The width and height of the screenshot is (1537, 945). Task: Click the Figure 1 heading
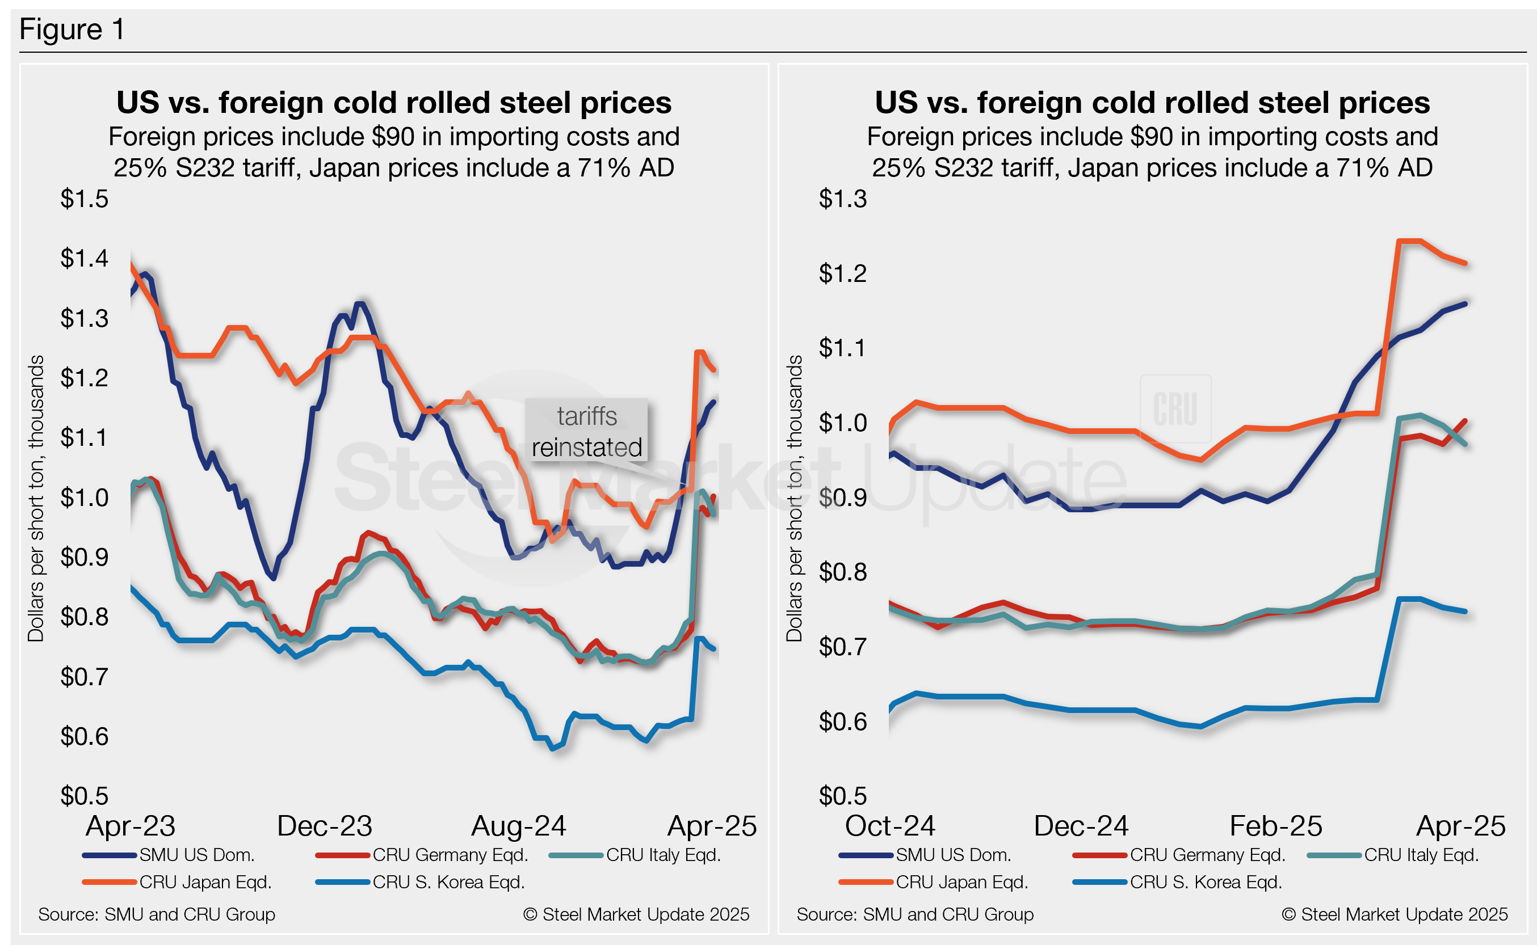tap(72, 29)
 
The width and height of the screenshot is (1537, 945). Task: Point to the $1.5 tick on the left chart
tap(85, 199)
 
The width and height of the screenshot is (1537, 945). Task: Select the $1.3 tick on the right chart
tap(842, 199)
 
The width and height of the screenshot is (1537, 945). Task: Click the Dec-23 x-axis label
tap(324, 826)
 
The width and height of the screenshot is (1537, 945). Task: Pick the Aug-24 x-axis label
tap(518, 826)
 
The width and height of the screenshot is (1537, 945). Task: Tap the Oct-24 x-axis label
tap(890, 826)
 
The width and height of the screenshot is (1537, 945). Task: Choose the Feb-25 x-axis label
tap(1275, 826)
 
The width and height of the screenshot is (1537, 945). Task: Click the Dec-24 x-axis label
tap(1081, 826)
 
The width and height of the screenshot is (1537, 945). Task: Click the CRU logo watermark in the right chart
tap(1175, 409)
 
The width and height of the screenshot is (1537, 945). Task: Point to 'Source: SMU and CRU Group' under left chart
tap(156, 914)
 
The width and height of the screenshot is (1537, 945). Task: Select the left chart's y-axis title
tap(36, 498)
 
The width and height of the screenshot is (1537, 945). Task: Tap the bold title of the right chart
tap(1152, 103)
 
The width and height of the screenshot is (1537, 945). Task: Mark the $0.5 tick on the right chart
tap(842, 796)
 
